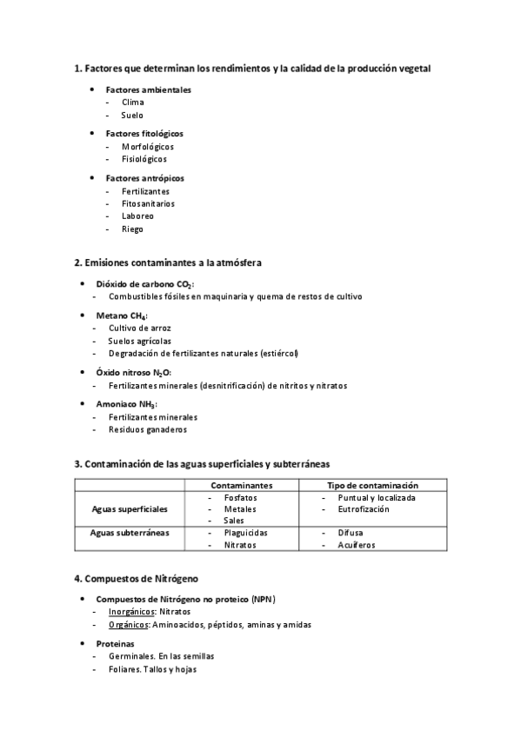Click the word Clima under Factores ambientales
click(133, 103)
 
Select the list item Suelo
click(132, 116)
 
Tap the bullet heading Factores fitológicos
click(144, 134)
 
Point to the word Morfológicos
click(148, 147)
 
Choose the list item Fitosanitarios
click(148, 204)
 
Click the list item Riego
click(132, 229)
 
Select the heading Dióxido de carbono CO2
click(145, 284)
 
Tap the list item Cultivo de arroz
click(139, 329)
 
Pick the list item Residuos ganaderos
click(147, 429)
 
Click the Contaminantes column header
click(242, 485)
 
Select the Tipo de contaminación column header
click(372, 485)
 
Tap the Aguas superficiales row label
click(130, 508)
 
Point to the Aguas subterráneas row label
click(130, 532)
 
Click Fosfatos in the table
click(240, 498)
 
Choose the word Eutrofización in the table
click(364, 509)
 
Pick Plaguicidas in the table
click(245, 532)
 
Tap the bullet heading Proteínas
click(114, 644)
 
